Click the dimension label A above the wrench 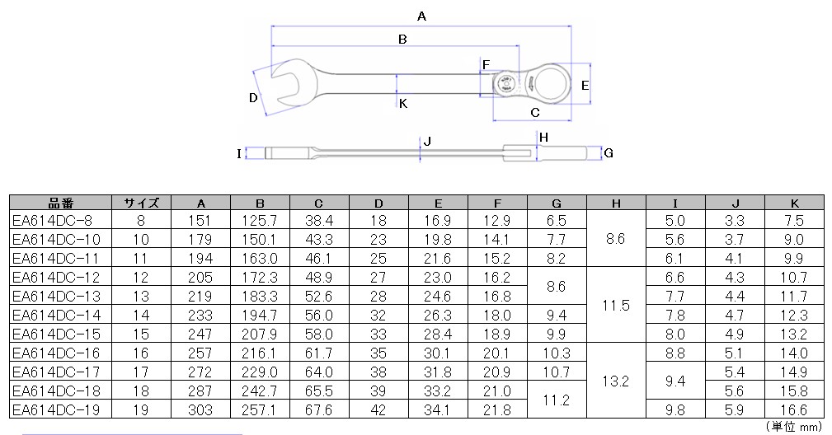tap(421, 16)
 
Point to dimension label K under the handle tap(403, 103)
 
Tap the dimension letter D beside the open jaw tap(254, 97)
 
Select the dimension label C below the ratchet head tap(535, 112)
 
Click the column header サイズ tap(142, 203)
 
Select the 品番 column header tap(60, 203)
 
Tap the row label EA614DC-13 tap(56, 297)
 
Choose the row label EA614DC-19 tap(56, 409)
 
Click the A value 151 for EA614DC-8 tap(200, 221)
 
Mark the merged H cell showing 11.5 tap(616, 306)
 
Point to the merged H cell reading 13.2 tap(616, 381)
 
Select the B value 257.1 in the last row tap(260, 409)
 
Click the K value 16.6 tap(794, 409)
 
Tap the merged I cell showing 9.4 tap(675, 381)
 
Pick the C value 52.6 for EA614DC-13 tap(319, 297)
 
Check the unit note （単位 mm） tap(794, 426)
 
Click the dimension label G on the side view tap(609, 153)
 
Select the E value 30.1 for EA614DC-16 tap(437, 353)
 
